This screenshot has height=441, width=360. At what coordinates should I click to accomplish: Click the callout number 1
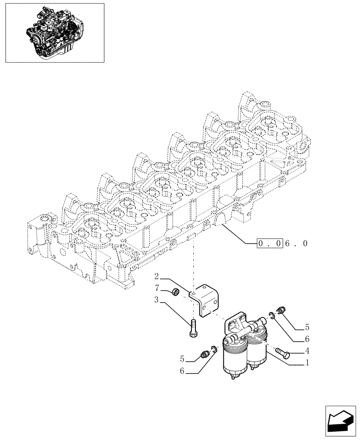307,364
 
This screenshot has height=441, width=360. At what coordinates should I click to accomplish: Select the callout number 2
157,277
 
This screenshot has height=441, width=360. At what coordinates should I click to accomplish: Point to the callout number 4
307,351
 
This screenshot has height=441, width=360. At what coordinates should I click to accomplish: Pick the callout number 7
157,288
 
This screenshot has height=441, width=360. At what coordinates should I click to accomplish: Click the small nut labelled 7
175,292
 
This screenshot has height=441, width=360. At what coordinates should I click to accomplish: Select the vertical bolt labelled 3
193,329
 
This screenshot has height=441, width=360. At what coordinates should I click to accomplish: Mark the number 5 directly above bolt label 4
307,328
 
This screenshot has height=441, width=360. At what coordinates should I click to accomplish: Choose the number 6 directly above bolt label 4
307,339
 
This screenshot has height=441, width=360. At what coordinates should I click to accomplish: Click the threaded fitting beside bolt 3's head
204,354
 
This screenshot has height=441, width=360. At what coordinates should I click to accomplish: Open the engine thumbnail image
55,33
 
